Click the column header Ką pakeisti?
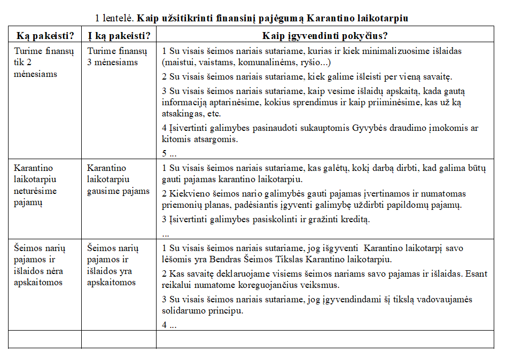pyautogui.click(x=45, y=36)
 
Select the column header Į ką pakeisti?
pyautogui.click(x=119, y=36)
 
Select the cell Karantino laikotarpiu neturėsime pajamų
pyautogui.click(x=35, y=185)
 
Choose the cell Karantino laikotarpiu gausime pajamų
pyautogui.click(x=118, y=179)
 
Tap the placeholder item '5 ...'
pyautogui.click(x=169, y=153)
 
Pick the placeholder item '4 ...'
pyautogui.click(x=169, y=324)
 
